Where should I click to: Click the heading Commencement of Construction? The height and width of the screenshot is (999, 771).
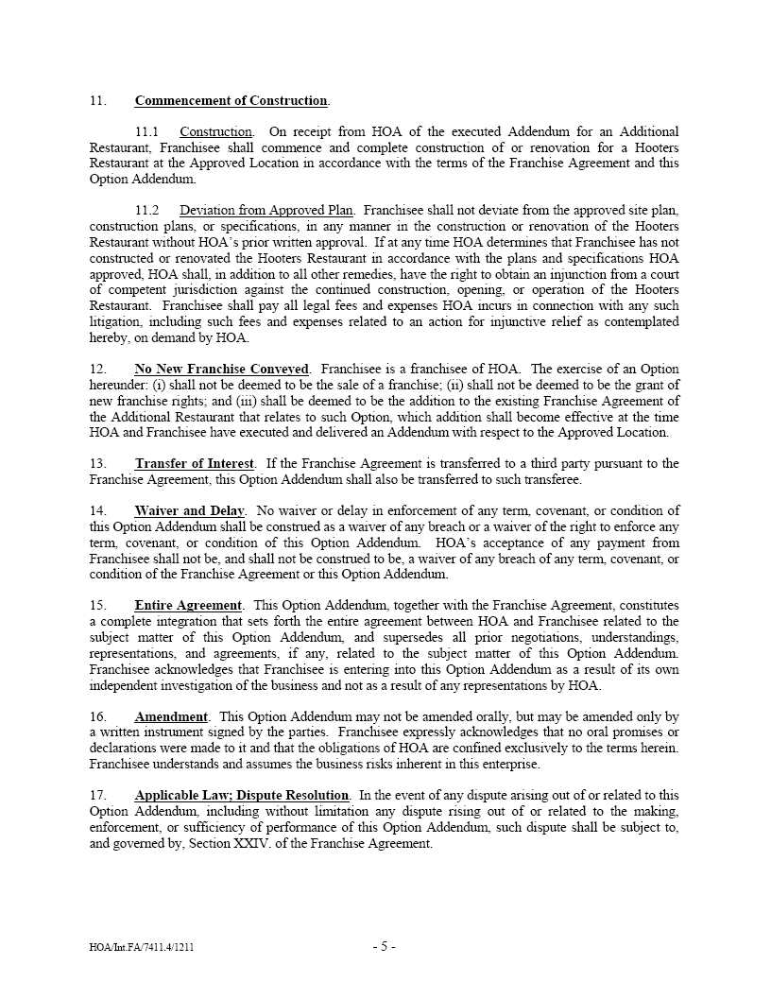pos(231,101)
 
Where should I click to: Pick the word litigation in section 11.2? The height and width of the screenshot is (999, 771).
pos(112,322)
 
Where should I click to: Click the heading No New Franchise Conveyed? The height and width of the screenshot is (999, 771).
pos(222,369)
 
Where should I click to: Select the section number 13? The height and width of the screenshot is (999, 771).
pos(98,464)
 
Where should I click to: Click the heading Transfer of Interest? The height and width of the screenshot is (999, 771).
pos(195,464)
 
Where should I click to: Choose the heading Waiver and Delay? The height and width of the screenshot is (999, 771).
pos(189,511)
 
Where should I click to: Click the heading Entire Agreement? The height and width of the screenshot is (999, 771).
pos(188,605)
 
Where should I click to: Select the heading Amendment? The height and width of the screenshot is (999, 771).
pos(171,717)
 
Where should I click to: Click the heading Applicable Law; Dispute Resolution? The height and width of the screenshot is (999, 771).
pos(242,796)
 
